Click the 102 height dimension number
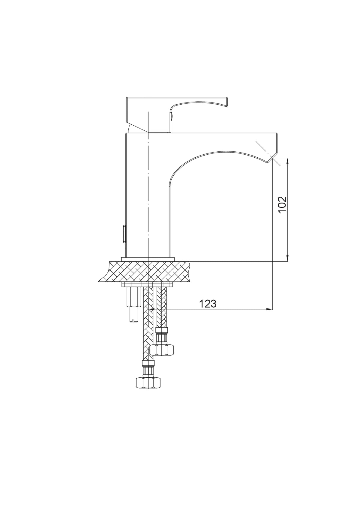tap(282, 205)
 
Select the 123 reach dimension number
tap(208, 304)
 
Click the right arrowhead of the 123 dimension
tap(269, 309)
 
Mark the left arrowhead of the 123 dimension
tap(151, 309)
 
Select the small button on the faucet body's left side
tap(124, 234)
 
